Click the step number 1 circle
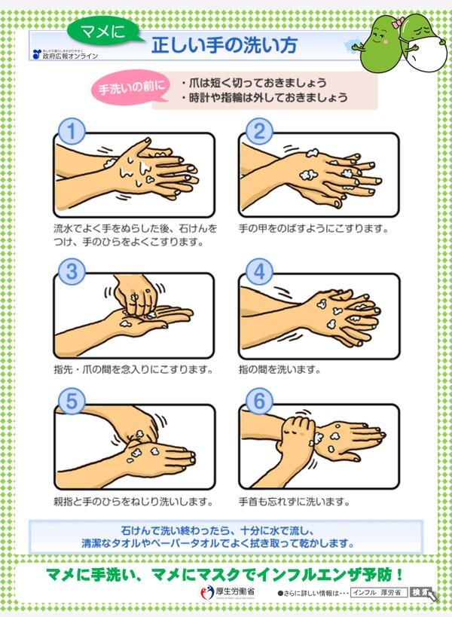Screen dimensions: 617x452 71,132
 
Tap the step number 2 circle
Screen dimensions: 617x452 258,132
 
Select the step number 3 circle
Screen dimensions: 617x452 71,271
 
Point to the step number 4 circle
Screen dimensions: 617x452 258,271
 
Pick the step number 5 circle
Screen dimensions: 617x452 71,402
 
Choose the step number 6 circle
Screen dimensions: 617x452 258,402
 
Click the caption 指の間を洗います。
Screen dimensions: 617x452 280,370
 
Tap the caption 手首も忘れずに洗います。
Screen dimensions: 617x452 295,501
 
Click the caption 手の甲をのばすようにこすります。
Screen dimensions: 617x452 313,228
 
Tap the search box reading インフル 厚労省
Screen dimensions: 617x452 379,593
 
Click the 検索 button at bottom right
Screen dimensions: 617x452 421,593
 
